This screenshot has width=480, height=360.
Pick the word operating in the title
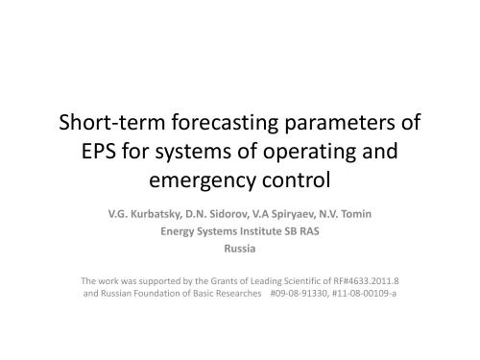[x=306, y=152]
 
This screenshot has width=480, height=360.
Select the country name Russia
[x=239, y=248]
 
